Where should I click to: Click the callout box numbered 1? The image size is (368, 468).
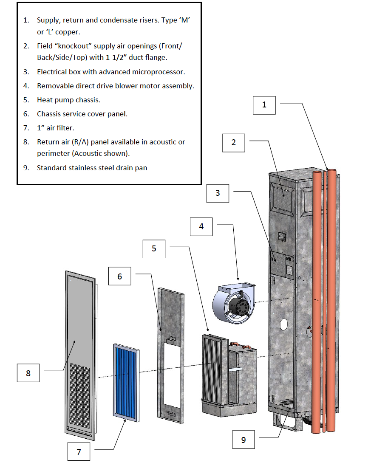point(264,105)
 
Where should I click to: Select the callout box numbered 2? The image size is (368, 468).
point(234,143)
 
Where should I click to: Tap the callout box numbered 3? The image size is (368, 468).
point(218,193)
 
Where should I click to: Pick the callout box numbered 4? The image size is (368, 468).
point(201,226)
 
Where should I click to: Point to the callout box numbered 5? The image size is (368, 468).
point(154,248)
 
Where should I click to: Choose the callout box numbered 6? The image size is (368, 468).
point(119,276)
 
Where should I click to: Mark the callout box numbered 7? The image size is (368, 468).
point(79,452)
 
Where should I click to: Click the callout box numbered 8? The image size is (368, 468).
point(28,374)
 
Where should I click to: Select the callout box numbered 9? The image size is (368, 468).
point(243,440)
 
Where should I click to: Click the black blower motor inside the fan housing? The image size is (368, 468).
point(236,305)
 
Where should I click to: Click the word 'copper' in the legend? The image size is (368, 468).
point(68,32)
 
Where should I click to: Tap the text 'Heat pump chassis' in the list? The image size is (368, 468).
point(68,100)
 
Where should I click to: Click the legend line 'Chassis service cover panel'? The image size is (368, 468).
point(82,114)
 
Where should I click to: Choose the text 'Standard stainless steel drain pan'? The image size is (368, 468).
point(92,168)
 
